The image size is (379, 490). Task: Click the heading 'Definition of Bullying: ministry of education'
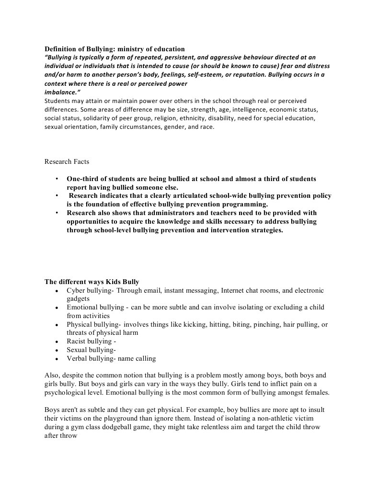pos(115,49)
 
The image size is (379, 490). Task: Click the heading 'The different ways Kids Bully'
pos(92,281)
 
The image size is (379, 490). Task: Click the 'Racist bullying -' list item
pos(92,342)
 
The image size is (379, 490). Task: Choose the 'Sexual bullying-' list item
pos(91,350)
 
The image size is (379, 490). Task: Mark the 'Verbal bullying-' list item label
pos(91,358)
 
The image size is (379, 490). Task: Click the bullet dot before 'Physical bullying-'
pos(57,325)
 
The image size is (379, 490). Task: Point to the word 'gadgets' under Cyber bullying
pos(78,298)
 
